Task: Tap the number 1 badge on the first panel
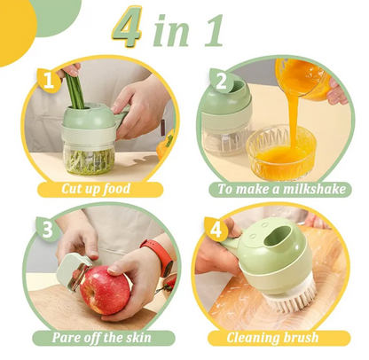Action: coord(49,80)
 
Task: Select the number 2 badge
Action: coord(221,81)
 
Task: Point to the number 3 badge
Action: coord(48,229)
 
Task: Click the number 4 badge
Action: coord(216,229)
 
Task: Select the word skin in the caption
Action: coord(138,338)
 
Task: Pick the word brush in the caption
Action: coord(302,338)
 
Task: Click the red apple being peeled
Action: coord(105,290)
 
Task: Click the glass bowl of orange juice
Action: coord(281,153)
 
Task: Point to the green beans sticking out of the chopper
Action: coord(74,89)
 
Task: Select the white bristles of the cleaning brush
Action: coord(291,298)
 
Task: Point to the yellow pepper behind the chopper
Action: coord(164,145)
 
